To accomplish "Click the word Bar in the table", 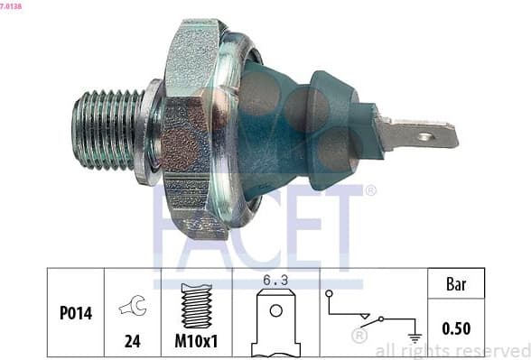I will coord(456,285).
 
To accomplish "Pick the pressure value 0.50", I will coord(456,327).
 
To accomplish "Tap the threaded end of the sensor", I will coord(105,128).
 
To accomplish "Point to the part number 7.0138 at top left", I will coord(12,5).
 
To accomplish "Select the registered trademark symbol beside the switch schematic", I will coord(359,337).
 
